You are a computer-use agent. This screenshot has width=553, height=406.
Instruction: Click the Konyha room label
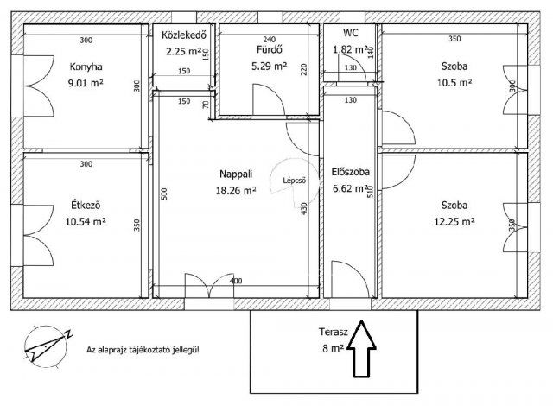(x=86, y=67)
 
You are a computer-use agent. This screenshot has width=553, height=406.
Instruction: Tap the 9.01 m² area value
(x=86, y=83)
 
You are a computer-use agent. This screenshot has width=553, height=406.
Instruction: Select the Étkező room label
(x=86, y=205)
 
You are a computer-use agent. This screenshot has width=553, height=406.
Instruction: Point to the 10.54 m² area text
(x=86, y=222)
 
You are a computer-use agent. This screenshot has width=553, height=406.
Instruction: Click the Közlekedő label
(x=184, y=35)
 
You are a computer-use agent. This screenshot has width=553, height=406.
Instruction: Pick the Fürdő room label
(x=269, y=49)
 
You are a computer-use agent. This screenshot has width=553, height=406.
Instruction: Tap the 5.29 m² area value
(x=269, y=66)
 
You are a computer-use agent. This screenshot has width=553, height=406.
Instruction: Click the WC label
(x=351, y=33)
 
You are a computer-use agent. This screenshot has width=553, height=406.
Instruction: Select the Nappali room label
(x=236, y=174)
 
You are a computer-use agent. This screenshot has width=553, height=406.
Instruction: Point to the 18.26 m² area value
(x=236, y=191)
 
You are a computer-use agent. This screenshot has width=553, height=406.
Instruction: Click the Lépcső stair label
(x=295, y=181)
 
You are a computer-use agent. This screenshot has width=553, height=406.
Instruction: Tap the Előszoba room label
(x=351, y=172)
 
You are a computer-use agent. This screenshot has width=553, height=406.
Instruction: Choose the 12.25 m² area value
(x=454, y=222)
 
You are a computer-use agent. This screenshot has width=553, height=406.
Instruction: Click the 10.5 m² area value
(x=454, y=83)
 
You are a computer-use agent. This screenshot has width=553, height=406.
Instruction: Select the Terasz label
(x=334, y=332)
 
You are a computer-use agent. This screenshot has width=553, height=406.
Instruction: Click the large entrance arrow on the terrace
(x=361, y=348)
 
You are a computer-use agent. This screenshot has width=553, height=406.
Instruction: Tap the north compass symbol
(x=47, y=346)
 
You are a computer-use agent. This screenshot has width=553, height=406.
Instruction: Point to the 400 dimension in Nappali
(x=236, y=281)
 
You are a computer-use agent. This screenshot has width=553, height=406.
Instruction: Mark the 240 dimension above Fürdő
(x=269, y=39)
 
